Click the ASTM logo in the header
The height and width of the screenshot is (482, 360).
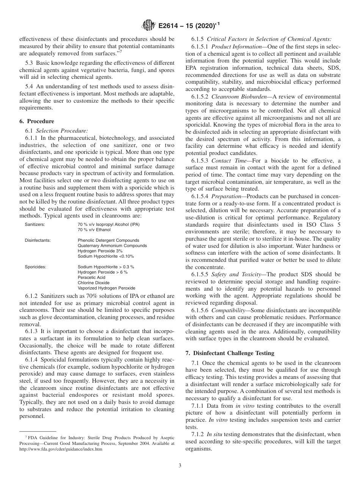click(148, 25)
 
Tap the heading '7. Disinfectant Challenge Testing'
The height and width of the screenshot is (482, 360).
click(230, 353)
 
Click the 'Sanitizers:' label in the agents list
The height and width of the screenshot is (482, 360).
click(35, 224)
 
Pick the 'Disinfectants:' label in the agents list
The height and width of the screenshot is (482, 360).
click(38, 240)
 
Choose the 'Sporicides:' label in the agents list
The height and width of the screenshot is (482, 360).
click(36, 267)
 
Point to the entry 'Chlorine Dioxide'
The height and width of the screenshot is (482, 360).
click(94, 283)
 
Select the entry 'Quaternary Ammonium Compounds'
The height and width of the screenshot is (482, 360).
click(112, 246)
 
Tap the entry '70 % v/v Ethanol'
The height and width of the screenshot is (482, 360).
click(94, 230)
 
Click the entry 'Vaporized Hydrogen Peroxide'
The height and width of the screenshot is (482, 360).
click(106, 288)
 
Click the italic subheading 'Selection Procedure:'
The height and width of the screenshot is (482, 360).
click(56, 130)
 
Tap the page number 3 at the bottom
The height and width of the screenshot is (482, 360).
click(180, 466)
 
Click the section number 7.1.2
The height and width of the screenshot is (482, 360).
click(198, 434)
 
